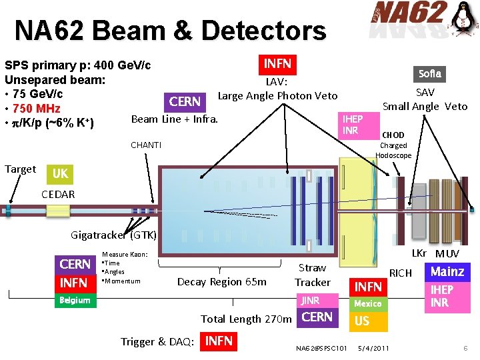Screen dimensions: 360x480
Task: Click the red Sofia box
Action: pos(430,73)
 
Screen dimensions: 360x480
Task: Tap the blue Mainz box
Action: pos(447,271)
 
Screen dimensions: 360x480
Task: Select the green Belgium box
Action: pos(75,300)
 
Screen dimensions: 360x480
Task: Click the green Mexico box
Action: pos(368,303)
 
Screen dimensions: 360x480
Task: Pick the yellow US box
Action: pos(363,321)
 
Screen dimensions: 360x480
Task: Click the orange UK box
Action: pos(60,173)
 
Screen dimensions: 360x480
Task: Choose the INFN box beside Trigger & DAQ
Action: pos(219,341)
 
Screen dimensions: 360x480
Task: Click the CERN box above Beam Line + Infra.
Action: pos(185,101)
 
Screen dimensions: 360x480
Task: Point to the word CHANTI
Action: pos(146,145)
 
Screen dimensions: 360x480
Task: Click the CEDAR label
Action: pos(58,195)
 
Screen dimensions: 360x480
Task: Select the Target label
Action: pos(20,169)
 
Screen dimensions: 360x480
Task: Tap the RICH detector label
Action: pos(401,273)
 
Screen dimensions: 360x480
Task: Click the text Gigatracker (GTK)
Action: pos(114,235)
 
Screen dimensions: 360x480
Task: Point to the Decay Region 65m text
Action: pos(221,281)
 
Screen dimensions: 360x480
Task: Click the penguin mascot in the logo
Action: pos(464,20)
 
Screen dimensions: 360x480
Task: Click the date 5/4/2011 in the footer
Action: pos(374,348)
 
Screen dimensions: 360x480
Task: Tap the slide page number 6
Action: pos(466,349)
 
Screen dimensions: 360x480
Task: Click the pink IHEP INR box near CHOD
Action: pos(352,125)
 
